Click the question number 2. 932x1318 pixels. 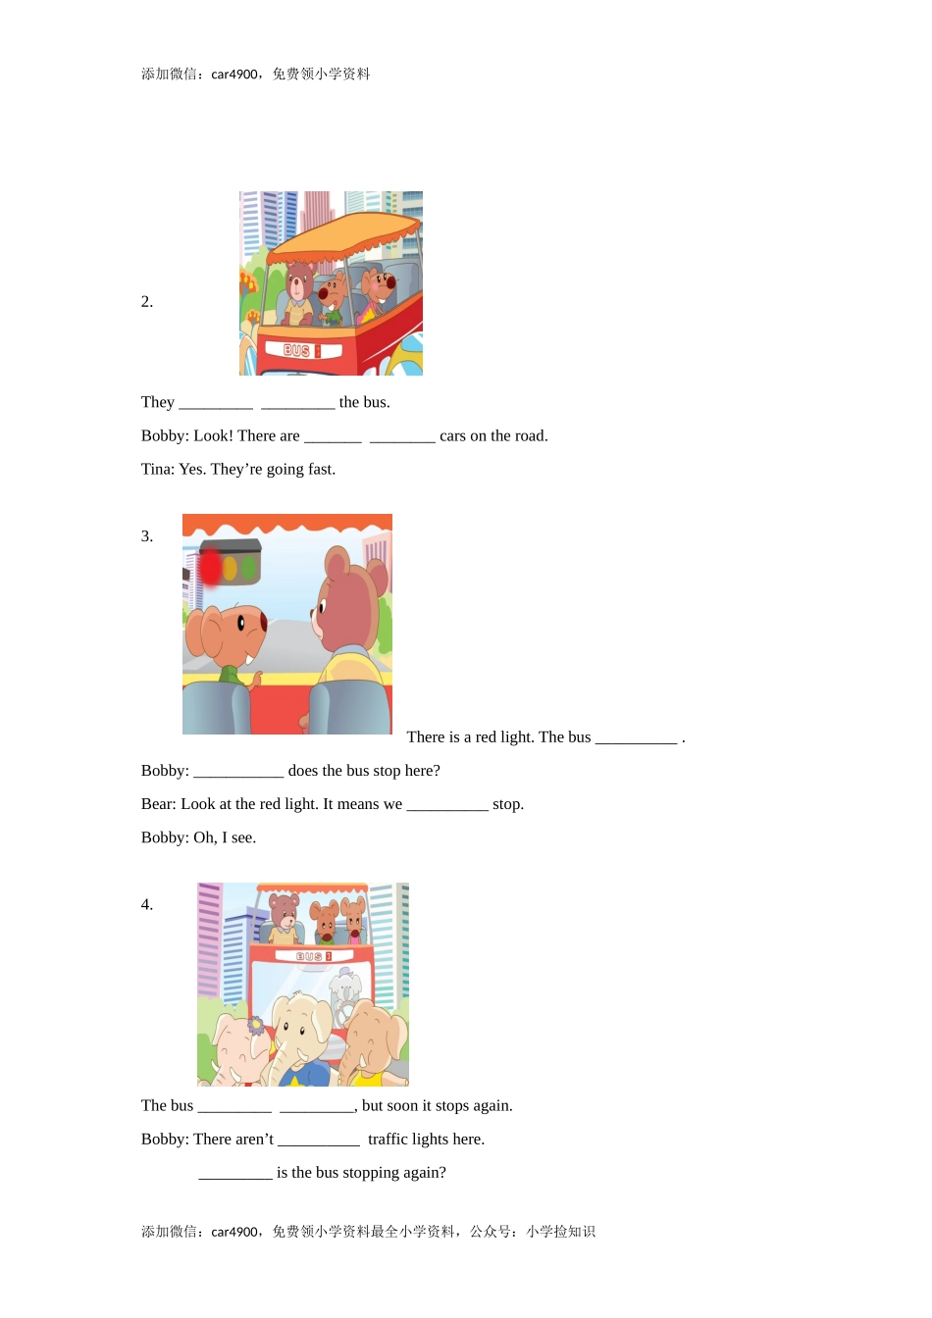(x=147, y=302)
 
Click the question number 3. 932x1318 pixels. (x=147, y=536)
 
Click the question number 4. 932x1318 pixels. (x=147, y=905)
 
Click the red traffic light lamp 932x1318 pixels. (x=210, y=567)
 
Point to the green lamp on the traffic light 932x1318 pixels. (x=249, y=568)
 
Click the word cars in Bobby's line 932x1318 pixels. (x=452, y=436)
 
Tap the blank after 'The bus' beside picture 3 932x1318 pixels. (x=636, y=738)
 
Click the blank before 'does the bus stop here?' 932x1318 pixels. (x=238, y=772)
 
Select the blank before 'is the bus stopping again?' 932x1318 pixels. (x=235, y=1173)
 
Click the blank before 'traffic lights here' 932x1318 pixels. (x=319, y=1140)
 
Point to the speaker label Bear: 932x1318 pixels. (x=159, y=805)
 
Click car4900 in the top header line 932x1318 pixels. (x=235, y=75)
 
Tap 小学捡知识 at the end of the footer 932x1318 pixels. (x=560, y=1232)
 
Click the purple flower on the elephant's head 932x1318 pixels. (x=256, y=1026)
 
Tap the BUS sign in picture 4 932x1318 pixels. (x=314, y=956)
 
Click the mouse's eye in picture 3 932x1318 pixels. (x=241, y=623)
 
